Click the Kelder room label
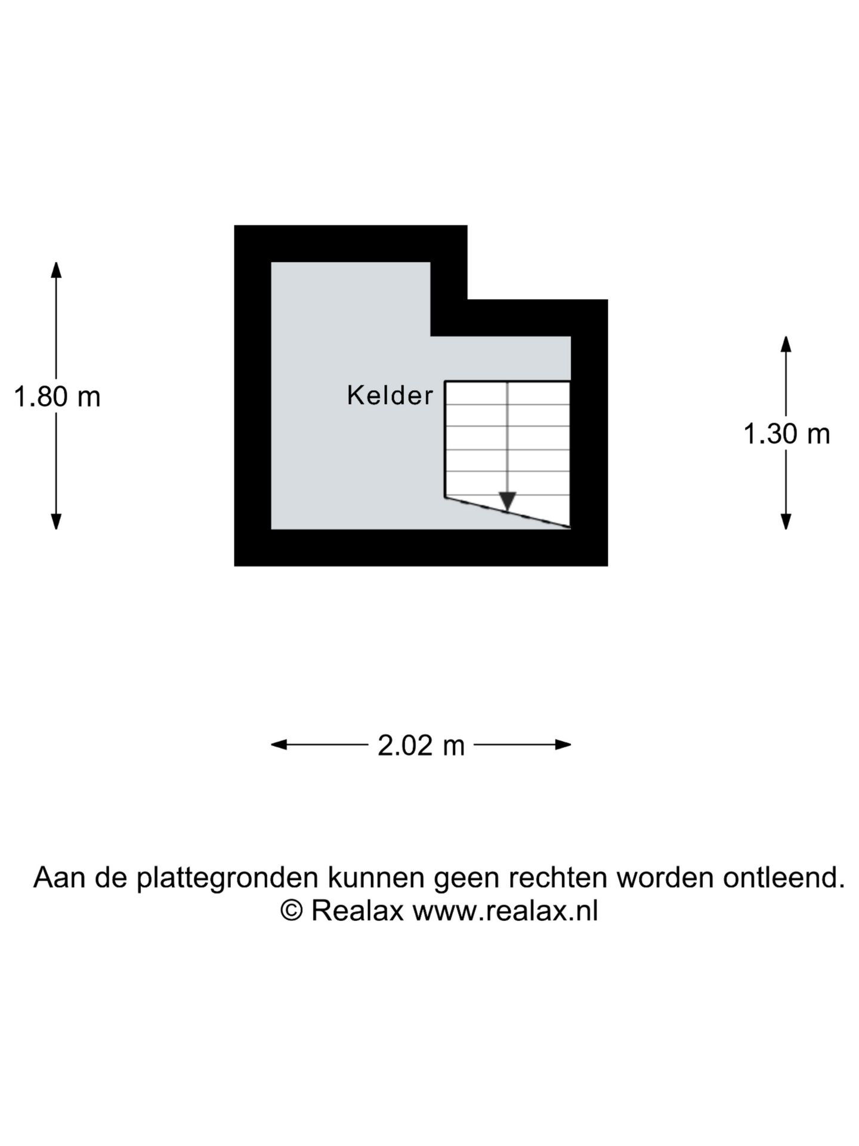coord(390,395)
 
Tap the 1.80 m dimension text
coord(57,397)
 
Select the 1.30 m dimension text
coord(787,434)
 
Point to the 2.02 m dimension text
coord(421,745)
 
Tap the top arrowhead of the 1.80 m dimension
coord(56,270)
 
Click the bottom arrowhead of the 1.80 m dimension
coord(56,521)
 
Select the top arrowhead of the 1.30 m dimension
coord(786,344)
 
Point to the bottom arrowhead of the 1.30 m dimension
coord(786,521)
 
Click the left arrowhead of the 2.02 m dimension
coord(279,744)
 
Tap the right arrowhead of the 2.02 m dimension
coord(563,744)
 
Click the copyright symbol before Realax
coord(292,911)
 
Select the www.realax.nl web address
coord(505,911)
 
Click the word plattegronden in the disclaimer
coord(227,878)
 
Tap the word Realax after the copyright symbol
coord(357,911)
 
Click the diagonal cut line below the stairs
coord(508,512)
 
